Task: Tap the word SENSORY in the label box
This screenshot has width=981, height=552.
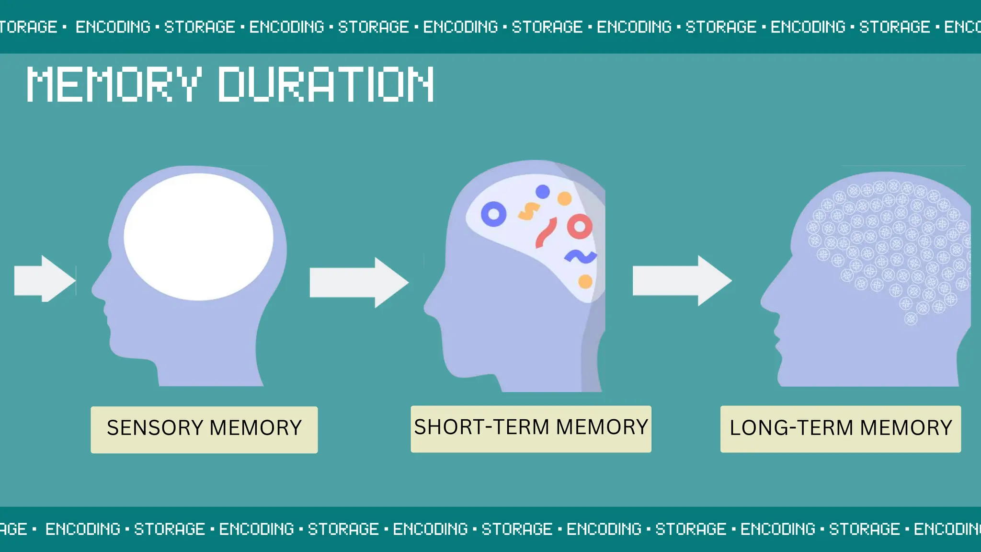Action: (155, 428)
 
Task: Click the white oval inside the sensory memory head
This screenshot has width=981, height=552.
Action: (198, 237)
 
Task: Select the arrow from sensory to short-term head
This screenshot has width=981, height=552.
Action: (359, 282)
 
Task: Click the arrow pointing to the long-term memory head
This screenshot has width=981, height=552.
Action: (682, 281)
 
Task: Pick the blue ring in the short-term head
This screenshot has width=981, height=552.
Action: (493, 214)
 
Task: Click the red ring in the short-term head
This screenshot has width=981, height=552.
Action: (580, 227)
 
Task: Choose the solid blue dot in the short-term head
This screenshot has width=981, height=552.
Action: (543, 192)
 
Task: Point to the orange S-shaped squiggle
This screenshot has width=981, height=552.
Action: (529, 211)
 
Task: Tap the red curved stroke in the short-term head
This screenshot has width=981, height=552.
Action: (546, 233)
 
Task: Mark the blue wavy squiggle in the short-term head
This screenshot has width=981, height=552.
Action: (581, 257)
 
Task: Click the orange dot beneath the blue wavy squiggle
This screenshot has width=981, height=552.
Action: (585, 281)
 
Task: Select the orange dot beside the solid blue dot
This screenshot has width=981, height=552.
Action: (565, 198)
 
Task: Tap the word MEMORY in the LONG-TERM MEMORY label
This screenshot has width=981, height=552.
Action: (906, 428)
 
